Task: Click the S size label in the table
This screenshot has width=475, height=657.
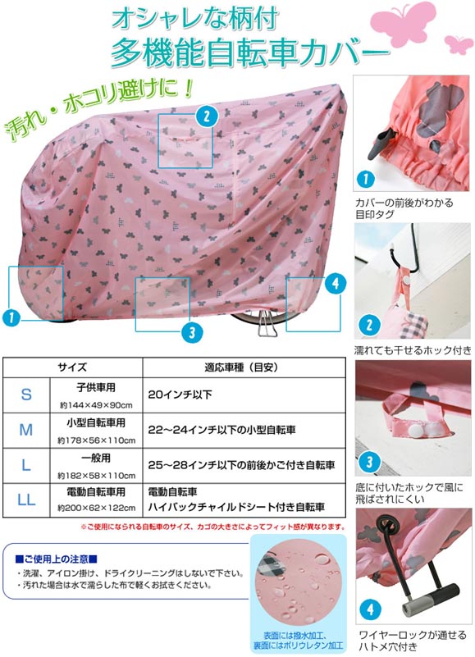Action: (26, 395)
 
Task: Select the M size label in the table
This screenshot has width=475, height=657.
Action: (26, 430)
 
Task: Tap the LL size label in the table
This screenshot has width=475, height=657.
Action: (26, 500)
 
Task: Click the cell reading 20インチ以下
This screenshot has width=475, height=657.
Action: (180, 395)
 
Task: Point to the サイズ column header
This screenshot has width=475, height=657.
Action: (72, 367)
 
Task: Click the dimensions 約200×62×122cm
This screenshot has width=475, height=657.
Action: (97, 509)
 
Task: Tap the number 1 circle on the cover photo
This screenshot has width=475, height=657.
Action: (11, 317)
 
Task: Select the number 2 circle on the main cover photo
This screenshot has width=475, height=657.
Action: (206, 116)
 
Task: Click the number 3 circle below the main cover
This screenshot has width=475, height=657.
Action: (192, 332)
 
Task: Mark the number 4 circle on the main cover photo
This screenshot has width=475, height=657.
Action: (336, 284)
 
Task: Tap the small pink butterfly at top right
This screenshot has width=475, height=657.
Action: (459, 43)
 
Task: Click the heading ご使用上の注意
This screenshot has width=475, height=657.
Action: (56, 559)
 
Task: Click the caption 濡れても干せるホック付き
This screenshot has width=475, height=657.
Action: (412, 350)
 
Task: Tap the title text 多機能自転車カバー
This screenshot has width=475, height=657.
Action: (249, 52)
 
